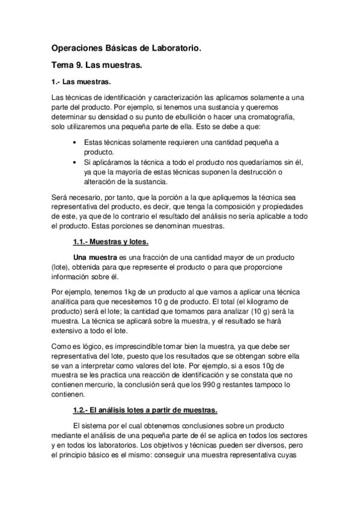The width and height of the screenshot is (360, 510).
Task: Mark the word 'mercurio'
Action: coord(97,385)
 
